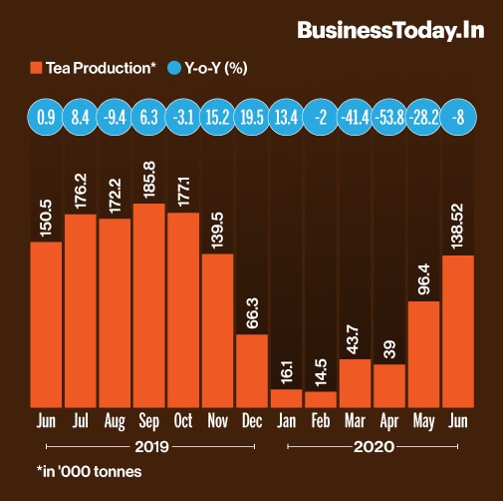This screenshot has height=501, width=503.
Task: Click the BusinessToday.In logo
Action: pos(390,30)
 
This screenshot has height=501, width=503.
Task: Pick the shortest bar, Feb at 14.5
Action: pos(321,398)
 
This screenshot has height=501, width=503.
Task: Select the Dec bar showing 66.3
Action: pos(252,369)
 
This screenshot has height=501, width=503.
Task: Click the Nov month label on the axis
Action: pos(217,420)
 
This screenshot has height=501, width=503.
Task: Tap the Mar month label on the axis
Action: pos(355,420)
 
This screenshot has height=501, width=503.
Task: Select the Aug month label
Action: pos(115,420)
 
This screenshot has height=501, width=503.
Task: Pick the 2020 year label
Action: pos(373,446)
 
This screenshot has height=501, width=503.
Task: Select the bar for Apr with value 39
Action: pos(389,384)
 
